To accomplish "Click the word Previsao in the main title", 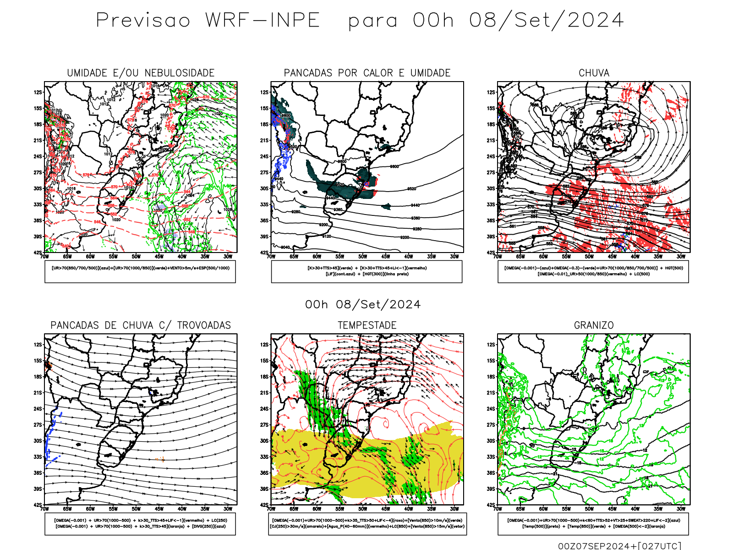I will point(143,21).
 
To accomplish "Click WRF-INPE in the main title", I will point(263,21).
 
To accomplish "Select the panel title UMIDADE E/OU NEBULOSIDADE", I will point(141,73).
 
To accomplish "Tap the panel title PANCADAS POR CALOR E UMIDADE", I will point(367,73).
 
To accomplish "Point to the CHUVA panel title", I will point(594,73).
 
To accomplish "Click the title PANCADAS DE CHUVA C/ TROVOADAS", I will point(141,325).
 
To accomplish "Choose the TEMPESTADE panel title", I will point(367,325).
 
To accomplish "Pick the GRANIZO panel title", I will point(594,325).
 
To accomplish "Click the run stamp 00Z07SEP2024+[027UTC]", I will point(619,546).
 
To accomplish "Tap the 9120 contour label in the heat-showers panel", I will point(327,236).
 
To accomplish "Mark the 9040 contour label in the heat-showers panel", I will point(285,247).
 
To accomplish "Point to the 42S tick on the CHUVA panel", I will point(491,253).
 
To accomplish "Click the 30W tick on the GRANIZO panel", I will point(681,509).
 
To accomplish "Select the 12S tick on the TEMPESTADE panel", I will point(264,345).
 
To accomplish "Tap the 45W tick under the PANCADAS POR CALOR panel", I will point(386,257).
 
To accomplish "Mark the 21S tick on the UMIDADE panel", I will point(38,140).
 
